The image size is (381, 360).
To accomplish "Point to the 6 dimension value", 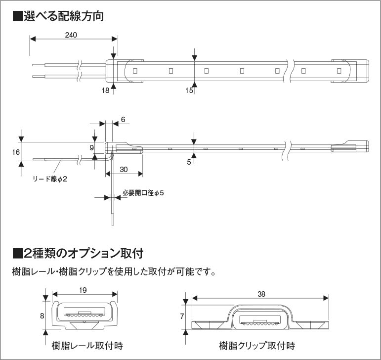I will pos(123,119).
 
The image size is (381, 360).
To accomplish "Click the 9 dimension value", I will pos(91,147).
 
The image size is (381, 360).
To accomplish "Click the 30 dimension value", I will pos(124,169).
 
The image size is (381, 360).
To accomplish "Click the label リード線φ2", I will pos(49,179).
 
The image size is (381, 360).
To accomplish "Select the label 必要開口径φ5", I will pos(143,193).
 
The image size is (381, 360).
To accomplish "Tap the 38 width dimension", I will pos(261,294).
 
